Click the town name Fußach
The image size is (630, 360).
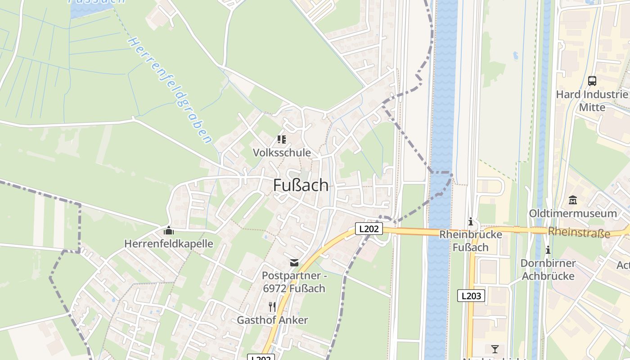pos(301,185)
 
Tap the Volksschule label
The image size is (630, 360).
pos(282,153)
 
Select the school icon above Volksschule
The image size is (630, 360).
pos(282,140)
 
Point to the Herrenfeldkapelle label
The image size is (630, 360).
pos(169,244)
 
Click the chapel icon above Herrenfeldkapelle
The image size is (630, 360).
pos(169,231)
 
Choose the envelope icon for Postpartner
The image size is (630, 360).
pos(294,263)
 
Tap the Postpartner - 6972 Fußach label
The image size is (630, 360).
pos(293,282)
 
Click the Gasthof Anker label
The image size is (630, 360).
pos(272,320)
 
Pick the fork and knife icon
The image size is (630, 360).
pos(272,307)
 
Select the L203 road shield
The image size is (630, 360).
pos(472,296)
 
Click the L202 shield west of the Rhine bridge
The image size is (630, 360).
pos(369,229)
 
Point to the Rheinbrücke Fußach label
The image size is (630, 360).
pos(470,241)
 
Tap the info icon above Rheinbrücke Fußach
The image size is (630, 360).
pos(471,222)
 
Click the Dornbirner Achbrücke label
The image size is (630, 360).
pos(548,269)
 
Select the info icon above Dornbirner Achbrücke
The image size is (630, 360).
pos(548,250)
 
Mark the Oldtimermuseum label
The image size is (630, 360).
pos(573,213)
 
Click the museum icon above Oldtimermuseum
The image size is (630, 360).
pos(573,200)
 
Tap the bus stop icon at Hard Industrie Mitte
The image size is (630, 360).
pos(592,81)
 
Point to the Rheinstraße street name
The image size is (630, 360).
pos(579,232)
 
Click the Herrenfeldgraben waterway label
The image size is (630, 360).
pos(171,90)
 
